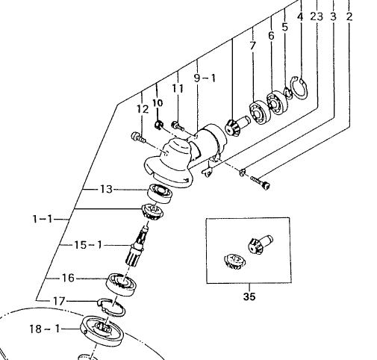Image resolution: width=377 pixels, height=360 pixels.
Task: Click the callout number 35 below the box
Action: click(249, 297)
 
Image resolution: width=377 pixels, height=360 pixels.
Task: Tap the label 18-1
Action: click(45, 329)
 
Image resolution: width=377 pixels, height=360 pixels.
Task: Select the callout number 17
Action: click(59, 301)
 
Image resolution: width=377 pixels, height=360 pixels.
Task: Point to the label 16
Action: click(68, 278)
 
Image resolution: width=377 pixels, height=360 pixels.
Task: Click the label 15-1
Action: click(88, 245)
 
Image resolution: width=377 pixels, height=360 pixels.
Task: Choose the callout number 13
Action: click(106, 189)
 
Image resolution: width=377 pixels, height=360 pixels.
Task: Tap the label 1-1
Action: click(43, 219)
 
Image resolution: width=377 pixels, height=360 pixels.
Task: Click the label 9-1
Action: click(205, 78)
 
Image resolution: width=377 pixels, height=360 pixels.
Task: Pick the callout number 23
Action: click(317, 16)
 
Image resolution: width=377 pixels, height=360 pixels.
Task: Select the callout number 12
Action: click(143, 109)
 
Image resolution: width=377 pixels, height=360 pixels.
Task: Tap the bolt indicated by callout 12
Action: click(138, 137)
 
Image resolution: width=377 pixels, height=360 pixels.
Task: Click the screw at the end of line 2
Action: click(261, 182)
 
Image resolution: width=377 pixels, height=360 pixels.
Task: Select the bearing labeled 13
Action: click(160, 193)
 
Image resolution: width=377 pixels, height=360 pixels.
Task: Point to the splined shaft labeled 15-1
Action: click(137, 246)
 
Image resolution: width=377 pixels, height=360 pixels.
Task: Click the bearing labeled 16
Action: click(121, 285)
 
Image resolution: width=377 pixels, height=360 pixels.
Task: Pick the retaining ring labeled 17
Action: click(111, 307)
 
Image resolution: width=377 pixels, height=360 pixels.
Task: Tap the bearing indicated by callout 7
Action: click(260, 113)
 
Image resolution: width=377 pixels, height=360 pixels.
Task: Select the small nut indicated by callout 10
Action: click(158, 124)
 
